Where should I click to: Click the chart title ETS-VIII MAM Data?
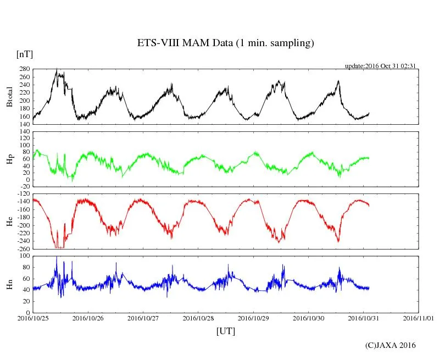tap(225, 43)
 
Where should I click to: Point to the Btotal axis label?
tap(9, 97)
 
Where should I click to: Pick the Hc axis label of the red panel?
tap(9, 221)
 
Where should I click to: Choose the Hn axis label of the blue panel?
tap(9, 284)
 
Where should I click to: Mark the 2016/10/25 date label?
tap(33, 318)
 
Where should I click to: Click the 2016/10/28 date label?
tap(198, 318)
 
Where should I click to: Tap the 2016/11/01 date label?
tap(419, 318)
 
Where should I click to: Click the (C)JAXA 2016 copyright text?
tap(390, 345)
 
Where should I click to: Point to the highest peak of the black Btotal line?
tap(57, 69)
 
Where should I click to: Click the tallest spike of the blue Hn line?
tap(57, 257)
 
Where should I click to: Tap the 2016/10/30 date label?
tap(309, 318)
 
